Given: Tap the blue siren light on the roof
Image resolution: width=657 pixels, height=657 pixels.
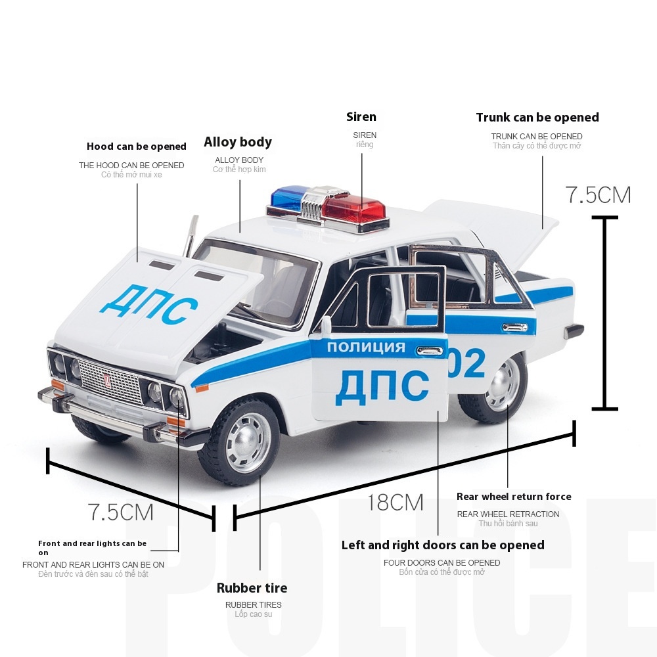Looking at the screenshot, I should coord(286,198).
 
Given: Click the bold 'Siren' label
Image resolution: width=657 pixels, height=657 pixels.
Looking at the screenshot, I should coord(361,117).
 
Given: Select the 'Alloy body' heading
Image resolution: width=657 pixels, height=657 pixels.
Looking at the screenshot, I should coord(238,142).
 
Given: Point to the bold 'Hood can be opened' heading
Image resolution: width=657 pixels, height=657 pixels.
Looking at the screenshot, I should coord(137,147).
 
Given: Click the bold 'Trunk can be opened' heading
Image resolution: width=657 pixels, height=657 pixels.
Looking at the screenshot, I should coord(537,118).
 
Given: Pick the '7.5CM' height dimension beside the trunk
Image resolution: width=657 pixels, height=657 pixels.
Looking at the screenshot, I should coord(598,195).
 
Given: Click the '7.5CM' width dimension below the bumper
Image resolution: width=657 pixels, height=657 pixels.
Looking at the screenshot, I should coord(121,512).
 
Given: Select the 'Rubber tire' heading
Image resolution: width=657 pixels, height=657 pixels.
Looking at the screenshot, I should coord(252,588).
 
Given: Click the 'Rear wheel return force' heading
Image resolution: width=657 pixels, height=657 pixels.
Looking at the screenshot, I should coord(514,497).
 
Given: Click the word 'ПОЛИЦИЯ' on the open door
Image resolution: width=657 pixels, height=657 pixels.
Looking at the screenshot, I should coord(366,348).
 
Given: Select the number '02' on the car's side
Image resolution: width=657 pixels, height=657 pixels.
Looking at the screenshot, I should coord(467,363).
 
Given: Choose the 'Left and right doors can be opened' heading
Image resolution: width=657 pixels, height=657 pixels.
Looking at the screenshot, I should coord(443,545).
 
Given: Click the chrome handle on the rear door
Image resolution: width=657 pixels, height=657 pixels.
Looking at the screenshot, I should coord(514,327).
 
